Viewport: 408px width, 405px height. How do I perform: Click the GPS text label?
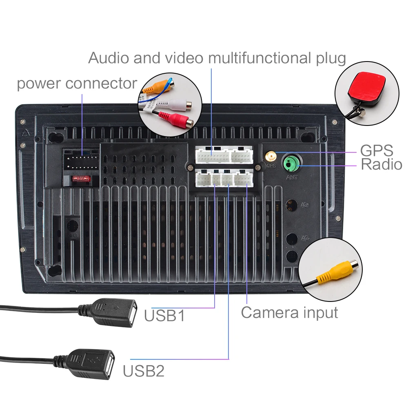pyautogui.click(x=376, y=150)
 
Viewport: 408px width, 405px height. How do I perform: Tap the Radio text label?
pyautogui.click(x=381, y=165)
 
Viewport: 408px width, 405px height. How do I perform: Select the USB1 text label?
pyautogui.click(x=164, y=315)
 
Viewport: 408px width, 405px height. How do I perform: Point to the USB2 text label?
pyautogui.click(x=144, y=371)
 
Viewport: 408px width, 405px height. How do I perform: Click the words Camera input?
pyautogui.click(x=289, y=313)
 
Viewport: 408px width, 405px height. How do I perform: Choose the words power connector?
pyautogui.click(x=77, y=84)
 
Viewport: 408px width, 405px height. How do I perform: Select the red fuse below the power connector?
pyautogui.click(x=80, y=178)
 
